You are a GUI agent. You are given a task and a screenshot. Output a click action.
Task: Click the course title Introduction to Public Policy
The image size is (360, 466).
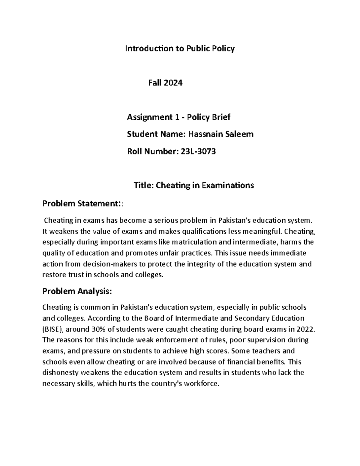click(180, 49)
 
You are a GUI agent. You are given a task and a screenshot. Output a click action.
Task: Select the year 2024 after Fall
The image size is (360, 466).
click(173, 83)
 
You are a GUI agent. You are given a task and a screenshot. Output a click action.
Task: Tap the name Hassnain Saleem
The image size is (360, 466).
click(220, 134)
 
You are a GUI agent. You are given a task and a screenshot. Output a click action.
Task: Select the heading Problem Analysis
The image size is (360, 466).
click(77, 291)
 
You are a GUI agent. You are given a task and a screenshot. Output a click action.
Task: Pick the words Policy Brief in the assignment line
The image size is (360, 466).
click(208, 117)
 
